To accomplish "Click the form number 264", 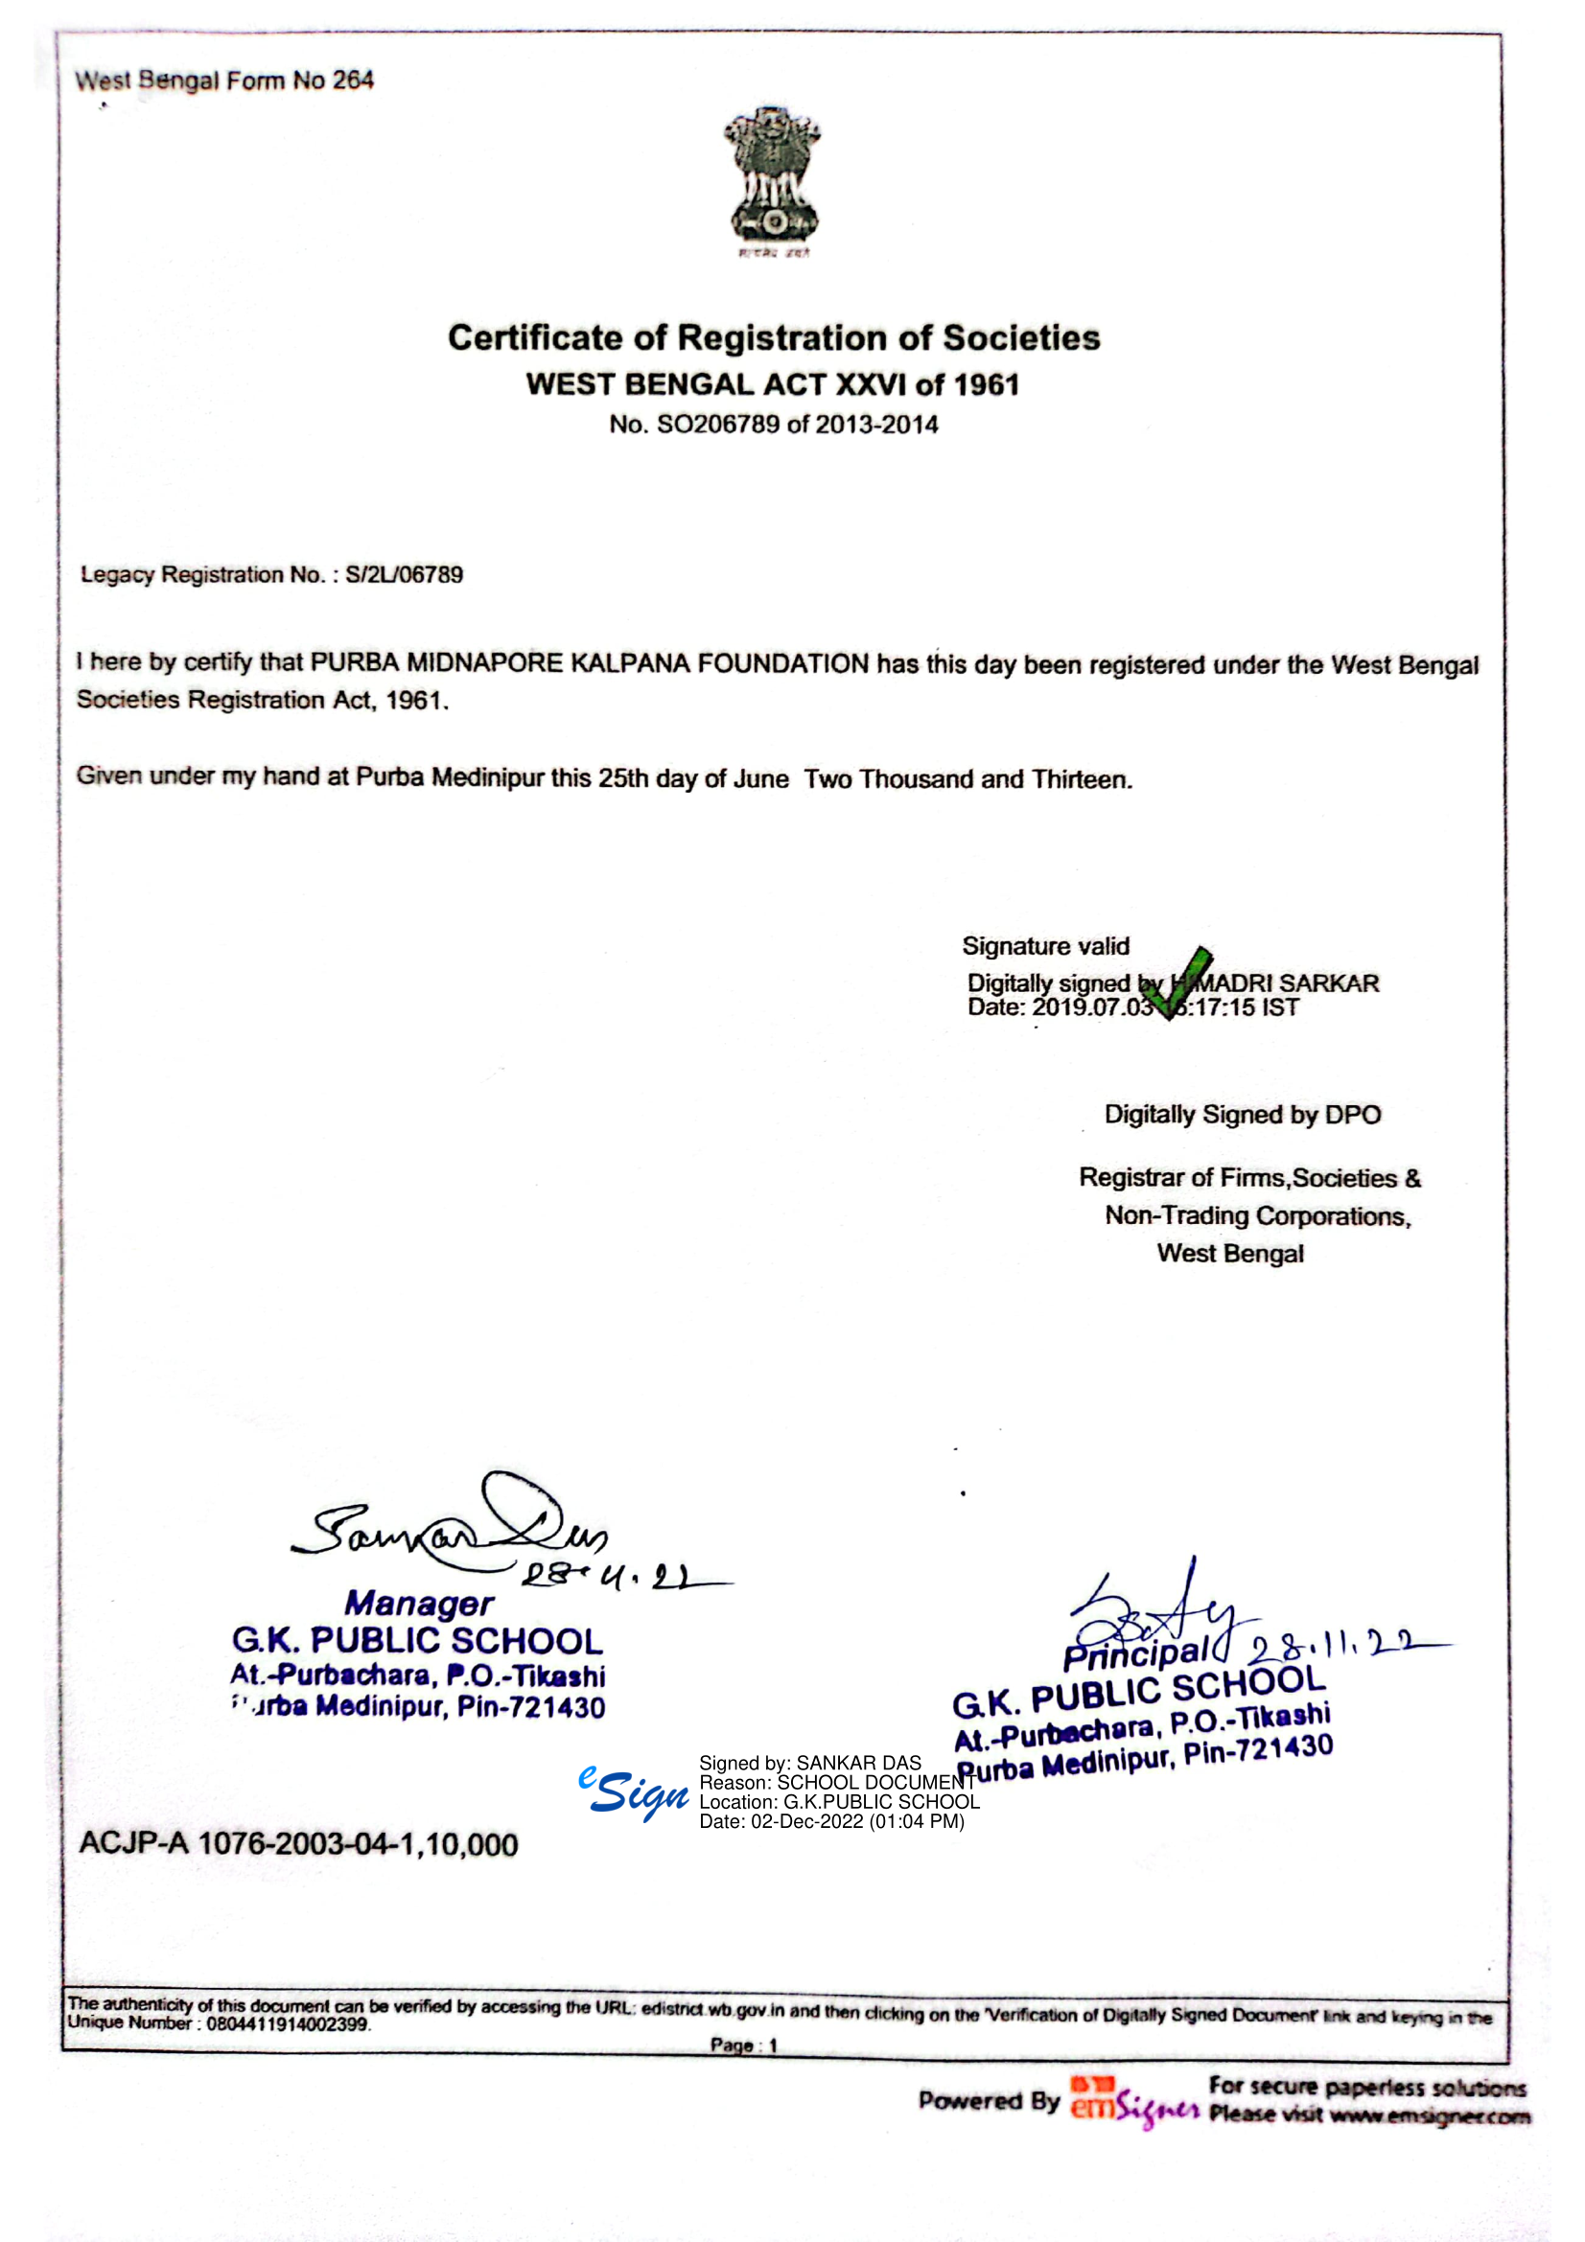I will [353, 81].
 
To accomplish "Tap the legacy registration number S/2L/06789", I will [404, 574].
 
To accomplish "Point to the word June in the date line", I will [759, 779].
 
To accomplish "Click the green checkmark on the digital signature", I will [1181, 982].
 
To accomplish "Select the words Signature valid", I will [1045, 945].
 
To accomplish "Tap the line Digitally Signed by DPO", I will [1243, 1114].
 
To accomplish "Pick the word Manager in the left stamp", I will [419, 1604].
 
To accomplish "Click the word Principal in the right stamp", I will [1135, 1654].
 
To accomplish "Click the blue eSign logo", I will [633, 1792].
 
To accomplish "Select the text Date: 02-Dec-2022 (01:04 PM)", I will [831, 1821].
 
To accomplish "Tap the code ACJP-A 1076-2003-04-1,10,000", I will [298, 1844].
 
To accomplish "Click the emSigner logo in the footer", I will [1133, 2101].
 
